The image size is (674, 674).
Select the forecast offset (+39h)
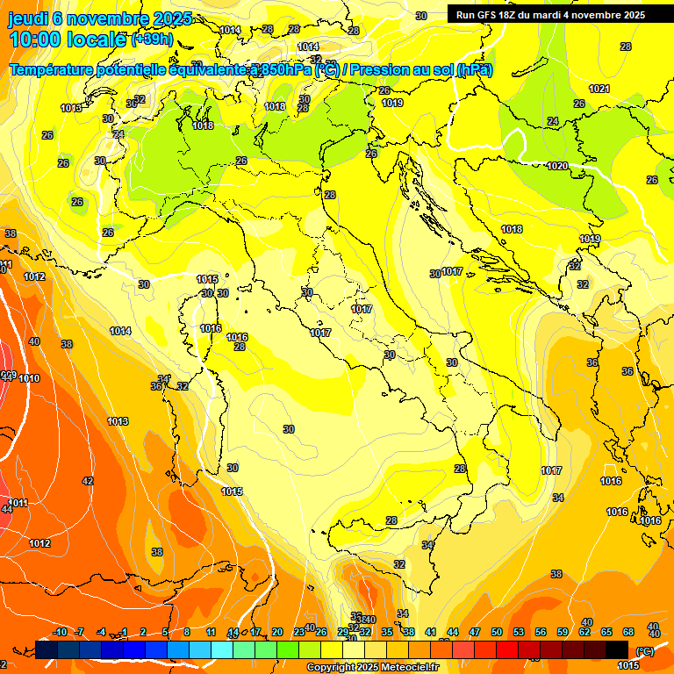click(152, 39)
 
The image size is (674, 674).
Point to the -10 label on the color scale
click(60, 632)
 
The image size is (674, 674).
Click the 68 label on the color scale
click(628, 632)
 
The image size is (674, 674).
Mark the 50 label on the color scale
click(497, 632)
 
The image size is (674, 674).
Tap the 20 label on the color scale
click(276, 632)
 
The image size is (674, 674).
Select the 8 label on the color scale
click(187, 632)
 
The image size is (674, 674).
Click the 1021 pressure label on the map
click(599, 89)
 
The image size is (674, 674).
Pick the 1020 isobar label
click(557, 166)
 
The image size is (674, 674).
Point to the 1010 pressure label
click(29, 378)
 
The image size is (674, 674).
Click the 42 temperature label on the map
click(88, 481)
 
